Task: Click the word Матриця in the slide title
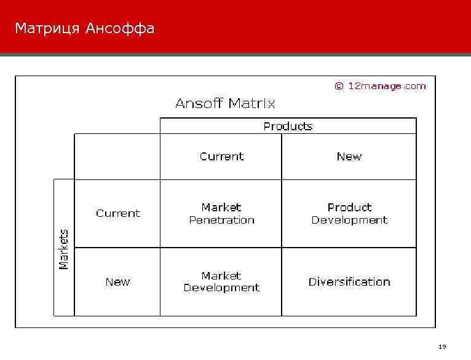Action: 47,29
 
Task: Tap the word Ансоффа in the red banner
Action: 120,29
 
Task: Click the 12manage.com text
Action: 387,86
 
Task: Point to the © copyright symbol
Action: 339,86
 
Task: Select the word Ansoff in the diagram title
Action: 199,103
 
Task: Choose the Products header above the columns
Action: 288,126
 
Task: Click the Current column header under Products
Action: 221,157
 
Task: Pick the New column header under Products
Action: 349,157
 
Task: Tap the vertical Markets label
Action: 64,249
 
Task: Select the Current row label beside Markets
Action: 118,213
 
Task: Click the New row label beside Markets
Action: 117,282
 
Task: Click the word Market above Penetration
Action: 221,207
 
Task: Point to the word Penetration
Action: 221,220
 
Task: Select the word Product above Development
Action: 349,207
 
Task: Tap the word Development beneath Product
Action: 349,220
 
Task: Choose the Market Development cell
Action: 221,282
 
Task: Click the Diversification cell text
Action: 349,282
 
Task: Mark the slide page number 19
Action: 442,347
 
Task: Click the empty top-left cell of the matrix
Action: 117,157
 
